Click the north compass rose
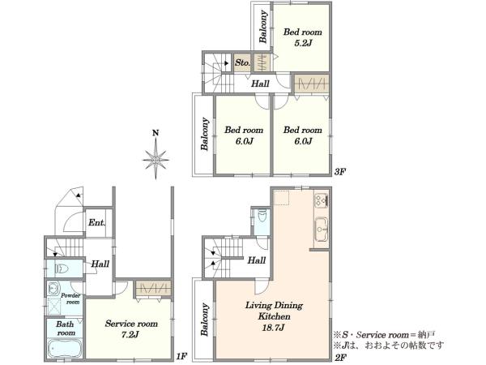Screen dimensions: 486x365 click(x=156, y=160)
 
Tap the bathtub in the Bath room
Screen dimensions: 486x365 click(x=65, y=349)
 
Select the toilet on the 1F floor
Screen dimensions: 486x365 click(x=62, y=268)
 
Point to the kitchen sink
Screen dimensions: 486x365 click(x=322, y=230)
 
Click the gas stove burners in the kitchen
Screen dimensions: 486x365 click(x=322, y=200)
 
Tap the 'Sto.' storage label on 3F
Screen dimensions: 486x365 click(x=242, y=62)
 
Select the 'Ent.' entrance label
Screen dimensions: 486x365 click(x=97, y=222)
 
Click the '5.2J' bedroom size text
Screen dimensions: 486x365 click(x=302, y=43)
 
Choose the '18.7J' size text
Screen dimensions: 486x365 click(x=274, y=328)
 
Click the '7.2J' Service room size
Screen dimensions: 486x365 click(x=130, y=334)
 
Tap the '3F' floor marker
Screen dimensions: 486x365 click(x=340, y=172)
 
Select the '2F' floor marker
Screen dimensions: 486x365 click(x=340, y=357)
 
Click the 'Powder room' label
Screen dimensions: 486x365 click(x=70, y=298)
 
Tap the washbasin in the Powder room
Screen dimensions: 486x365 click(x=53, y=289)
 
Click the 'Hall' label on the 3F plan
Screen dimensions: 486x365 click(x=260, y=84)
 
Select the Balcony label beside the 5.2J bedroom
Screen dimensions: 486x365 click(x=263, y=27)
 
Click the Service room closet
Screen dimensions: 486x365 click(x=153, y=289)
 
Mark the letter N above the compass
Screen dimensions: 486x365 click(x=156, y=133)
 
